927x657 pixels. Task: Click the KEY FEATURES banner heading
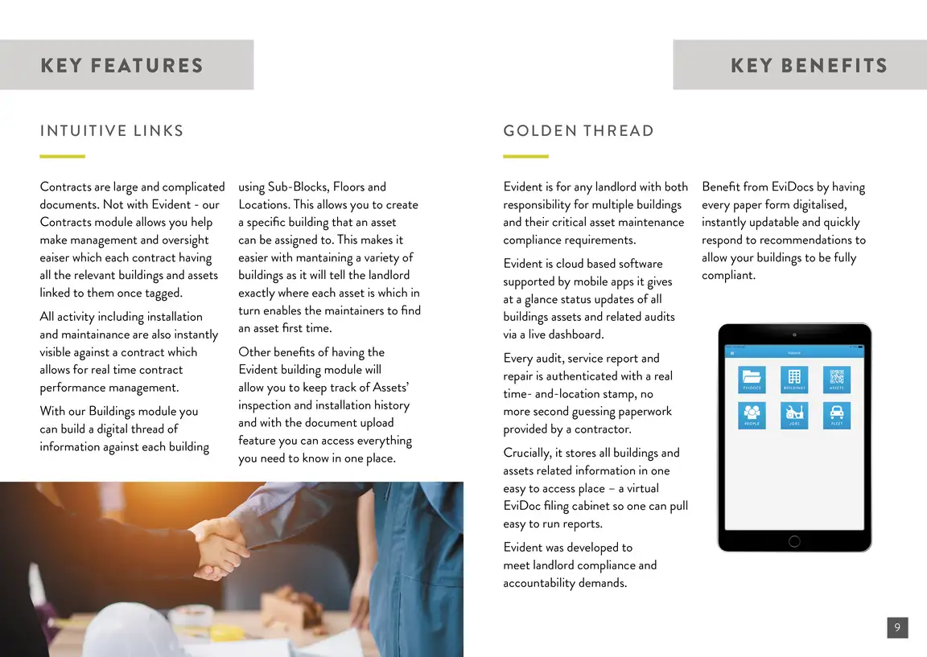(122, 65)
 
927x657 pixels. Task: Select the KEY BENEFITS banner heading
(808, 65)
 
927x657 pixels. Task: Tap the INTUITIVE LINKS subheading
(112, 131)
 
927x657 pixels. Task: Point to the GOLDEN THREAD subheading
(579, 131)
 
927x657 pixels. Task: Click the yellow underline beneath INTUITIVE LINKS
(62, 156)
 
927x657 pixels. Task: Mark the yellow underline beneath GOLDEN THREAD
(525, 156)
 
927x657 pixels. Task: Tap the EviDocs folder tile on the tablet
(752, 379)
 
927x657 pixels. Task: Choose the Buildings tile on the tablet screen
(794, 379)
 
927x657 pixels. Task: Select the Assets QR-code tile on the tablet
(837, 379)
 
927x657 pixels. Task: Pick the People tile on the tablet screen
(752, 415)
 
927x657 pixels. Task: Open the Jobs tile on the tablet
(794, 415)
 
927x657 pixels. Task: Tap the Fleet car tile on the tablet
(837, 415)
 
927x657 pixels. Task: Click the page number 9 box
(897, 628)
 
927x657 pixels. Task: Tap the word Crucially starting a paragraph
(527, 453)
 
